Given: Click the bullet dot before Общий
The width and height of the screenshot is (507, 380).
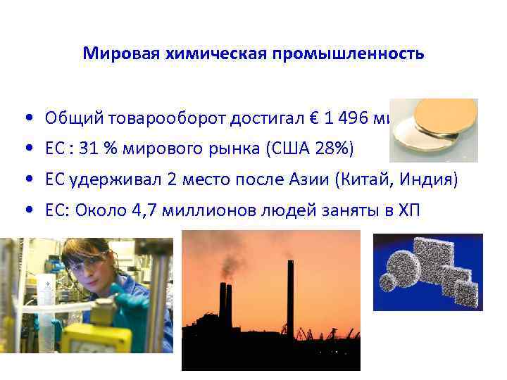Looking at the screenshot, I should point(25,118).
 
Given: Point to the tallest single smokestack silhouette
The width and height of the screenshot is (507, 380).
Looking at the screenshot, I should point(290,296).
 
